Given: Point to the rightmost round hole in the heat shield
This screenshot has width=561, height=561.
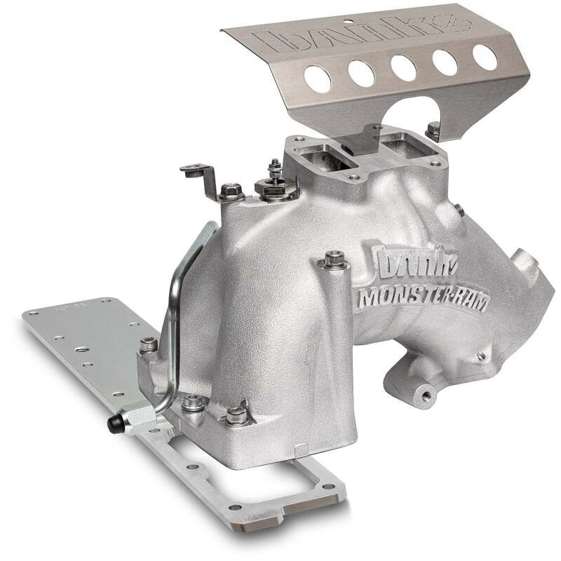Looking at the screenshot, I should pos(484,56).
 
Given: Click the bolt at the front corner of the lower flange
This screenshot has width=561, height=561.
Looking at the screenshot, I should pos(235,417).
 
